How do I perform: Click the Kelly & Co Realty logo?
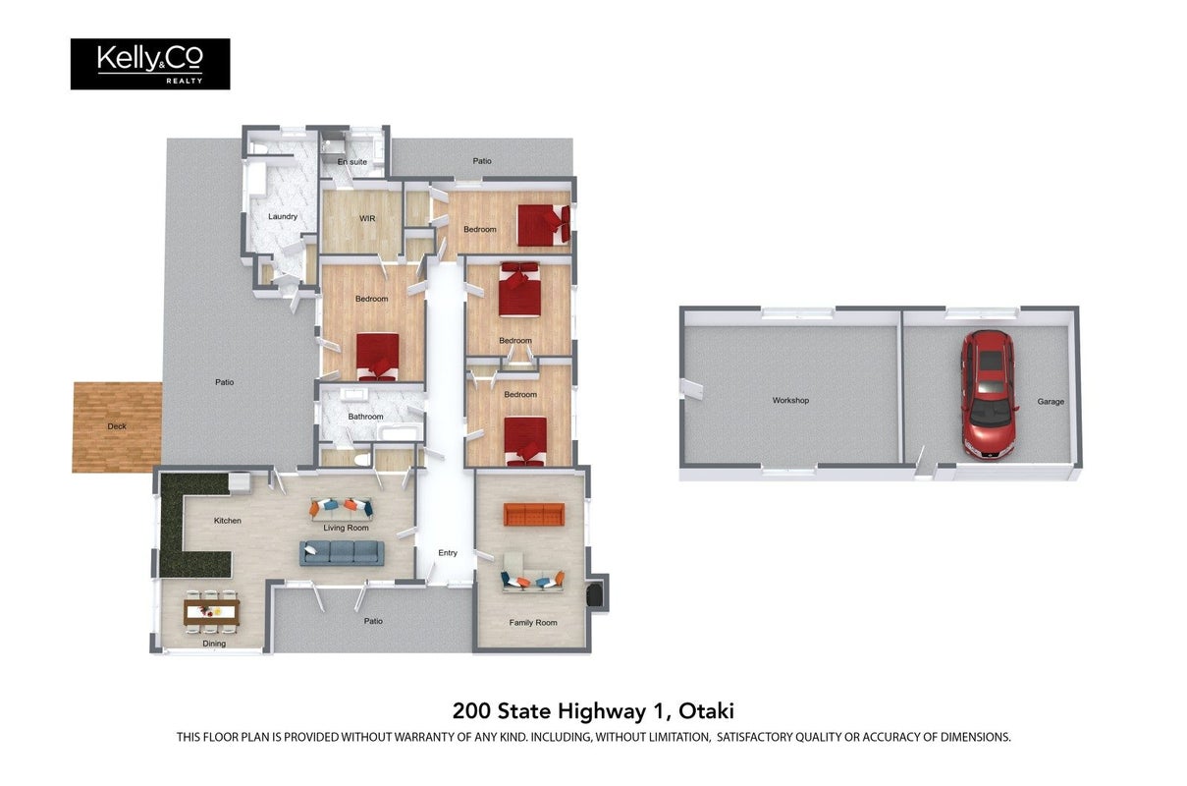coord(150,64)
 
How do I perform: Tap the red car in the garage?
coord(989,394)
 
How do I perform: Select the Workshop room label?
coord(790,401)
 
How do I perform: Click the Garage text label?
coord(1051,402)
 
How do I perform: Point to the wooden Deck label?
coord(117,425)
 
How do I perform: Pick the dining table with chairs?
coord(211,611)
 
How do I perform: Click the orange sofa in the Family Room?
coord(534,515)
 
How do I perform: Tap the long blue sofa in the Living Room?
coord(342,552)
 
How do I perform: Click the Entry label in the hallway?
coord(448,552)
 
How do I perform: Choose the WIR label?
coord(367,218)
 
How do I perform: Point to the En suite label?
coord(352,162)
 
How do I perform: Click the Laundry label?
coord(283,216)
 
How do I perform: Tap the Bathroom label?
coord(365,417)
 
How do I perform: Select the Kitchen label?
coord(228,521)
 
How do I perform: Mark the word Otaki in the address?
coord(706,710)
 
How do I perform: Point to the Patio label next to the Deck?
coord(224,382)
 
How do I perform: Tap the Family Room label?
coord(533,622)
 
